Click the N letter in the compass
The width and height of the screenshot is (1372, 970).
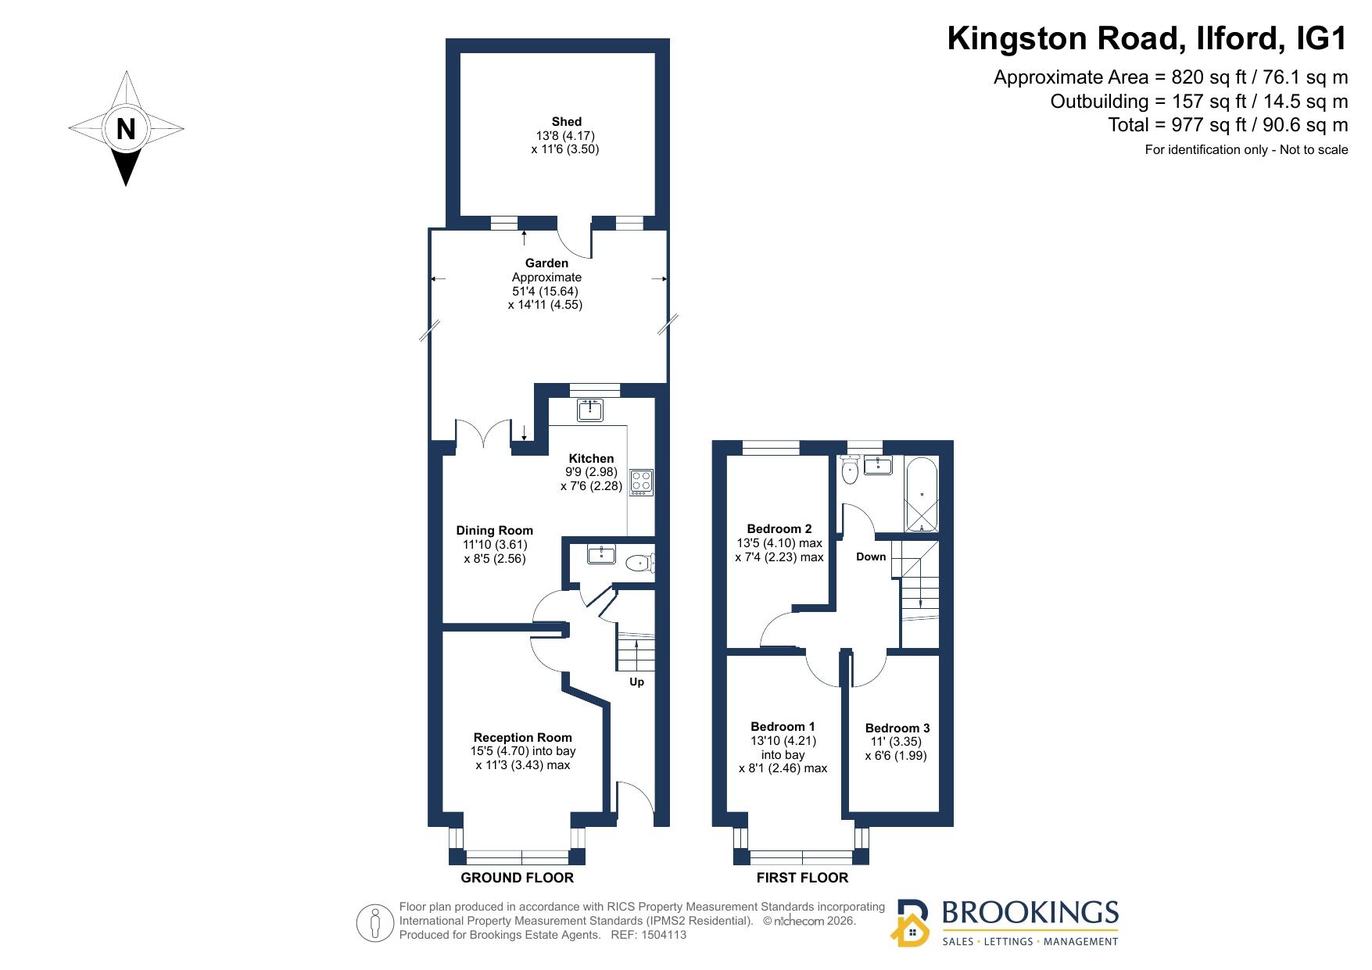pos(126,128)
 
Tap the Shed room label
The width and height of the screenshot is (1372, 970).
pos(567,121)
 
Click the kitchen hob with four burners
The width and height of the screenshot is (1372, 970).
pos(642,481)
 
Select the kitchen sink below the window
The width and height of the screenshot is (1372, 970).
pos(589,410)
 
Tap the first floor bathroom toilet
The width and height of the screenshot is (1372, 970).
pos(850,469)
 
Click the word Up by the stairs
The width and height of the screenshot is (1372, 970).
pos(637,682)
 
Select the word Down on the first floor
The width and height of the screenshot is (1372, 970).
pos(871,557)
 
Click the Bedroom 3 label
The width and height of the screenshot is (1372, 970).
pos(897,728)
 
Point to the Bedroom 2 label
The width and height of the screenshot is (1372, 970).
pos(779,528)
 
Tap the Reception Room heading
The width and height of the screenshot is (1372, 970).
pos(523,737)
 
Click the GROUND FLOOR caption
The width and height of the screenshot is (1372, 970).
pos(518,878)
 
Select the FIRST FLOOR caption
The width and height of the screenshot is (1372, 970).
pos(802,878)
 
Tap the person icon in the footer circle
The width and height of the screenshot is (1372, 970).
pos(376,923)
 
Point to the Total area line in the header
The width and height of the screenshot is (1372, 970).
pos(1228,125)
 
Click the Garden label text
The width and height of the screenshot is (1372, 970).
pos(546,263)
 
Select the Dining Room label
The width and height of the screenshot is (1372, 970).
pos(495,531)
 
